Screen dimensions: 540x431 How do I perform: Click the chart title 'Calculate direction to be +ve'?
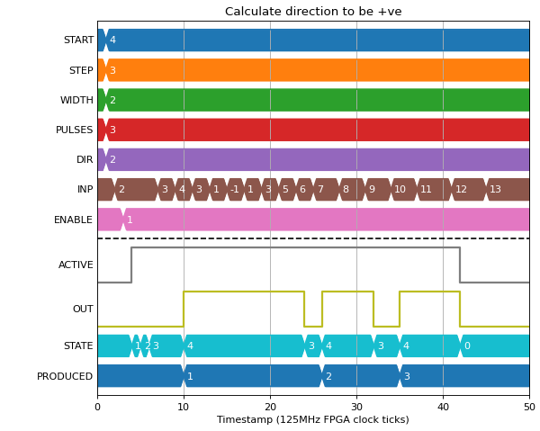[313, 12]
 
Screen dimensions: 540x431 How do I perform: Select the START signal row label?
[78, 40]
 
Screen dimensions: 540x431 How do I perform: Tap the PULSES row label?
[75, 130]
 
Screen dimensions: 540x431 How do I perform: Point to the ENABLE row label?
[74, 220]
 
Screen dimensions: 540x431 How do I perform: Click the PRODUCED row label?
[65, 376]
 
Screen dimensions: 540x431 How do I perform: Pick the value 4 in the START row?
[112, 40]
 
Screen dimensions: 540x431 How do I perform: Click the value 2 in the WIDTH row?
[112, 100]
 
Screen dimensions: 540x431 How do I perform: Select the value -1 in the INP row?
[235, 189]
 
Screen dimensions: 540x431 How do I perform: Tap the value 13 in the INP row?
[495, 189]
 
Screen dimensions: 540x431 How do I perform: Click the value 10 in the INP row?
[400, 189]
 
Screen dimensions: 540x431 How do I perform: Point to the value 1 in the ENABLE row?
[130, 220]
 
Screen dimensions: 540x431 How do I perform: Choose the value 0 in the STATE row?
[467, 346]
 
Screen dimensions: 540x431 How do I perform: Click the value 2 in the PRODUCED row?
[328, 376]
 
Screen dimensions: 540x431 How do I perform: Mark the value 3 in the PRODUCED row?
[407, 376]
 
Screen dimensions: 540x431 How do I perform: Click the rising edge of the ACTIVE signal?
[131, 265]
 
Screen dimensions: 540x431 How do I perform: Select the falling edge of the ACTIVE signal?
[460, 265]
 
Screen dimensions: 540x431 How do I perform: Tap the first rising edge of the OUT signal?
[184, 309]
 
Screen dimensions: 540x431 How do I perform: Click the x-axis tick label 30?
[356, 408]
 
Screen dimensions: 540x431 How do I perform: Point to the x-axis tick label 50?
[530, 408]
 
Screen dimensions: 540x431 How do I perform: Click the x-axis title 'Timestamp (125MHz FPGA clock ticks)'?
[313, 419]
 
